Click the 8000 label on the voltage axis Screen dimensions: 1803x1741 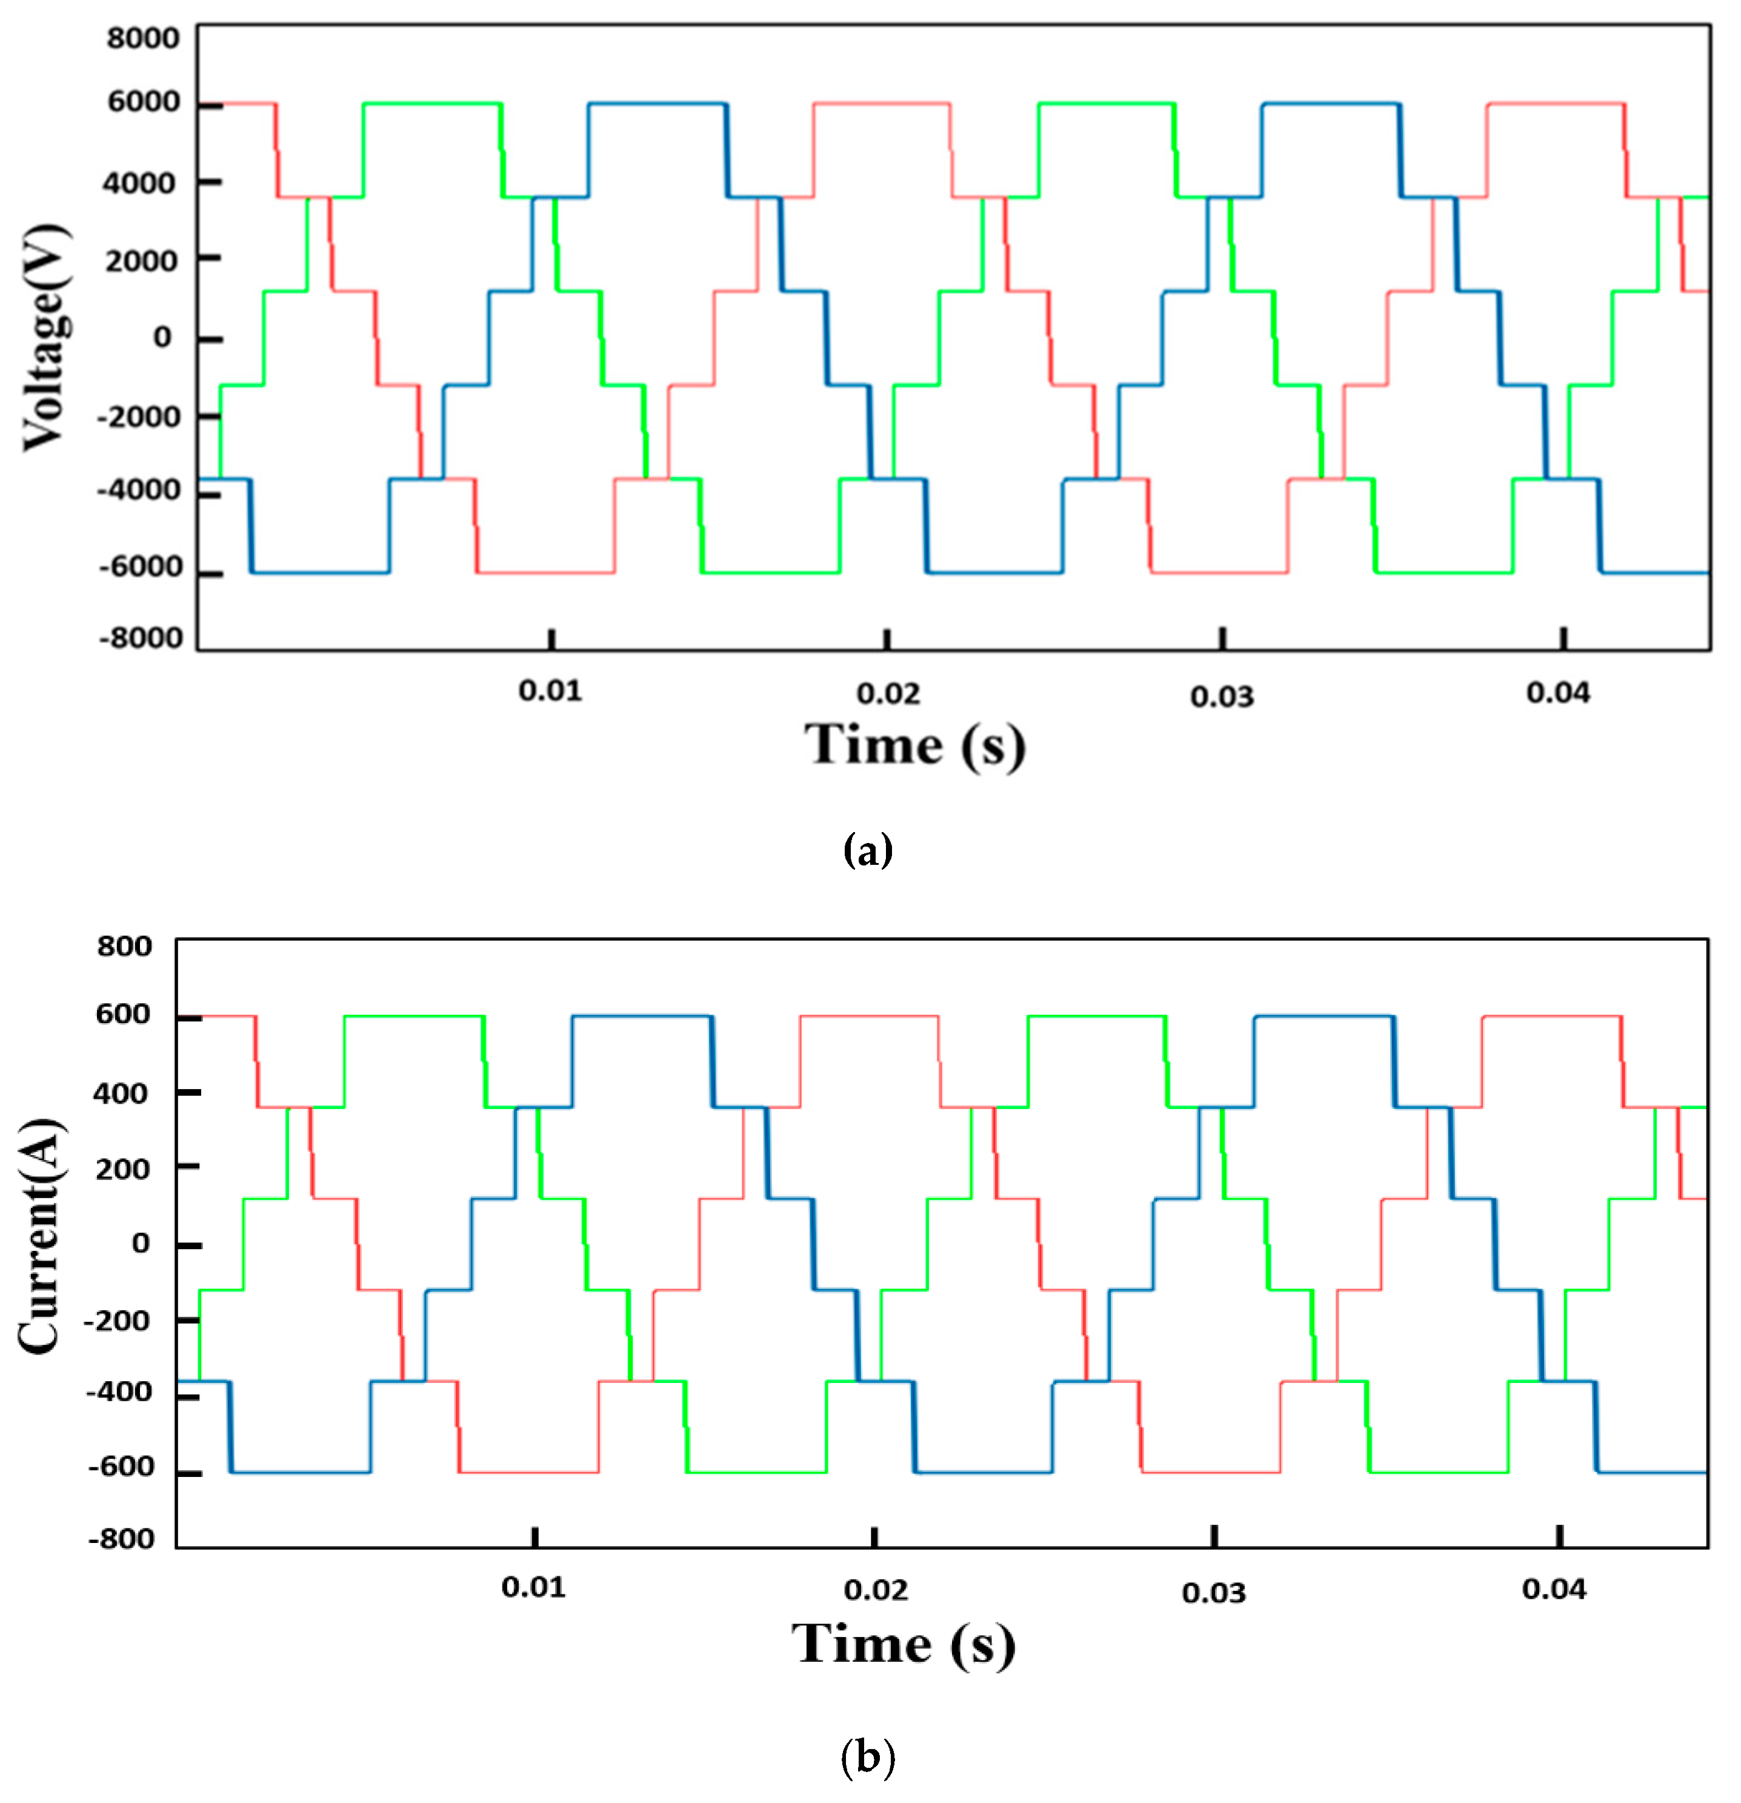(142, 39)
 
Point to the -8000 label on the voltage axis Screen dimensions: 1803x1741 (141, 638)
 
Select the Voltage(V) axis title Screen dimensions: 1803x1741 (46, 338)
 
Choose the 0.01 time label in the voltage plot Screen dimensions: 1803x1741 (550, 690)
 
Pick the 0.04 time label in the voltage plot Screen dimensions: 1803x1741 (1558, 692)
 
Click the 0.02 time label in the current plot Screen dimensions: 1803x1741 (876, 1590)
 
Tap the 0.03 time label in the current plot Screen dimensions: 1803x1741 (1213, 1592)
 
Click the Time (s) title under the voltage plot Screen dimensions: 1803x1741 (914, 744)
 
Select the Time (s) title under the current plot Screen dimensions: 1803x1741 (903, 1643)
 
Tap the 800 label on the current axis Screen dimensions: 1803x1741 (124, 945)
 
